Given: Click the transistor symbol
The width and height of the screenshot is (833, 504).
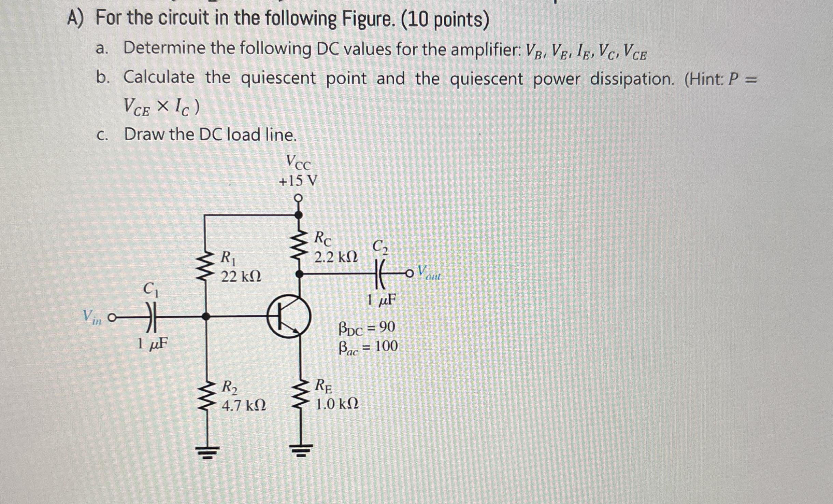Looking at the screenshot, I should click(288, 317).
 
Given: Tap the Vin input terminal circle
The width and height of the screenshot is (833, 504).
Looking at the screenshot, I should click(111, 318).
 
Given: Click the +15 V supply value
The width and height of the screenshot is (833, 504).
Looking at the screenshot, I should click(298, 181).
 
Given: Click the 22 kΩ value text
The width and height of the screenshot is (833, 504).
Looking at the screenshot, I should click(241, 276).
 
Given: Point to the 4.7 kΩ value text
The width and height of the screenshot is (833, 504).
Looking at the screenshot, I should click(244, 406).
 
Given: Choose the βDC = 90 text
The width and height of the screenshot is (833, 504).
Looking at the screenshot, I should click(367, 328).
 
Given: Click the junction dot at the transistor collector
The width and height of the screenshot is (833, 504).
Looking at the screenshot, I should click(299, 274).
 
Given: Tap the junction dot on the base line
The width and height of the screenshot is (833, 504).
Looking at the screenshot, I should click(205, 317).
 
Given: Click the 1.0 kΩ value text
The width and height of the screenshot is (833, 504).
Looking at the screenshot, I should click(337, 404).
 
